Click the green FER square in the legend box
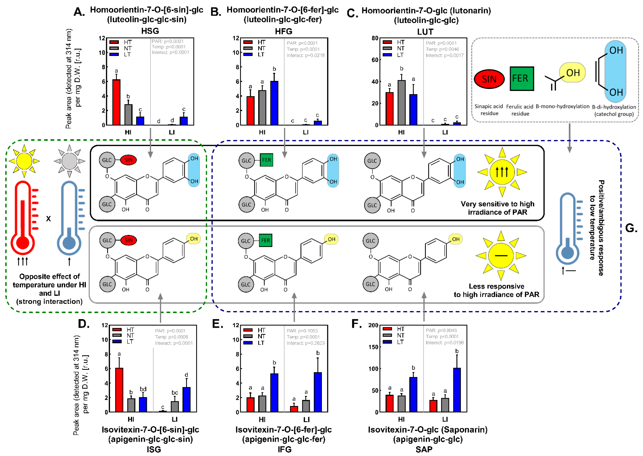click(522, 79)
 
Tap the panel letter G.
click(631, 228)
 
